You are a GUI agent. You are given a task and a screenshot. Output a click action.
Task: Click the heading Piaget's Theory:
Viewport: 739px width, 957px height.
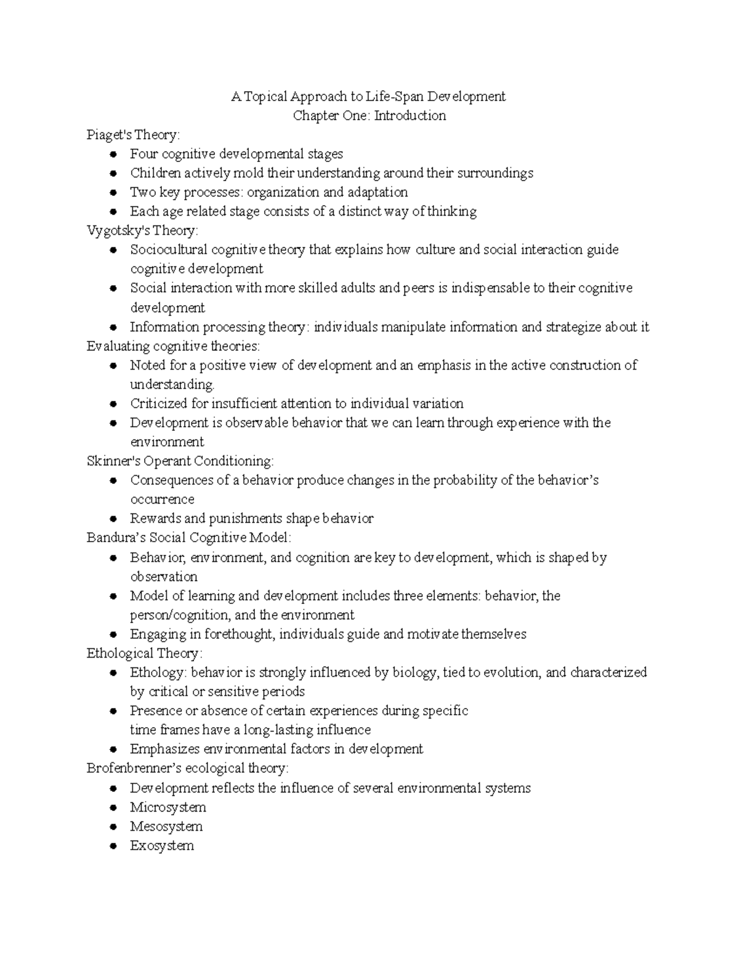coord(133,134)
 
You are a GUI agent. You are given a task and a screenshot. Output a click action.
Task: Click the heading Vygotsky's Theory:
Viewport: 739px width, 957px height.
coord(142,230)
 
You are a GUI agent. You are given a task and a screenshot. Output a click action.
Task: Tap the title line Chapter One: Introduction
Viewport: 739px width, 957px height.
coord(369,115)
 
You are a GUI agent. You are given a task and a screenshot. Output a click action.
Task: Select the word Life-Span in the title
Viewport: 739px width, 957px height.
coord(395,96)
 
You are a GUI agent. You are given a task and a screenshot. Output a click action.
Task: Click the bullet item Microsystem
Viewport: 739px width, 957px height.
coord(168,807)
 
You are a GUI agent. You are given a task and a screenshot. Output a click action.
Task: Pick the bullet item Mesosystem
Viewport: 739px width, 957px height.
coord(166,826)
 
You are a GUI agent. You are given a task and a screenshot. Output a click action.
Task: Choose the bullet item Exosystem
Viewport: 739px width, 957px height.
coord(162,845)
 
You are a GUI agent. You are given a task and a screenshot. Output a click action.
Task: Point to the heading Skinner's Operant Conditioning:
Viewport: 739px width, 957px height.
coord(180,460)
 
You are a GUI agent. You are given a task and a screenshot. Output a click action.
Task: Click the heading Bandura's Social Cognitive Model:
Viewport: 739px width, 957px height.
coord(188,537)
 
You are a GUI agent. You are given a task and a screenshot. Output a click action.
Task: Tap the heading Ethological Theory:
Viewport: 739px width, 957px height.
coord(144,653)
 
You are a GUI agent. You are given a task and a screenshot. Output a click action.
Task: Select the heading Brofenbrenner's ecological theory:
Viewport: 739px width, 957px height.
coord(187,768)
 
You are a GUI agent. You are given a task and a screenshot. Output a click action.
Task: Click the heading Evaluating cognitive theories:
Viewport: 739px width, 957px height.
coord(173,346)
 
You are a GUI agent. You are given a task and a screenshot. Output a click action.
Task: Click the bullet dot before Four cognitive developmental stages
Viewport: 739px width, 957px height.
coord(113,154)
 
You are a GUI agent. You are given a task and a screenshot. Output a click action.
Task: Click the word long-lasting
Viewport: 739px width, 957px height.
coord(278,730)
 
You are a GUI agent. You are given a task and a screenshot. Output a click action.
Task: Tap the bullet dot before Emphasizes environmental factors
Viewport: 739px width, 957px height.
coord(113,749)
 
